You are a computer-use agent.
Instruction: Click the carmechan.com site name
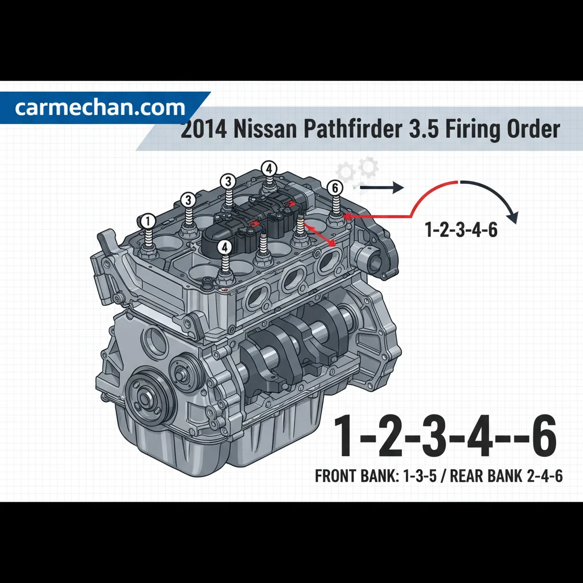[100, 108]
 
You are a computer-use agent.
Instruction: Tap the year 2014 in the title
[203, 130]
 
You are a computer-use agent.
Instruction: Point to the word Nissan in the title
[265, 129]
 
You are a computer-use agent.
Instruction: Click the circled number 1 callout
[148, 221]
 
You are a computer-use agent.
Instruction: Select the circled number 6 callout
[335, 188]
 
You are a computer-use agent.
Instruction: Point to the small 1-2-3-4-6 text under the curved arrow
[461, 229]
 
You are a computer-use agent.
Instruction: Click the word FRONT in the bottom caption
[336, 475]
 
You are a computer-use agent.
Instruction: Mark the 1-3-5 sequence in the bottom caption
[420, 475]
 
